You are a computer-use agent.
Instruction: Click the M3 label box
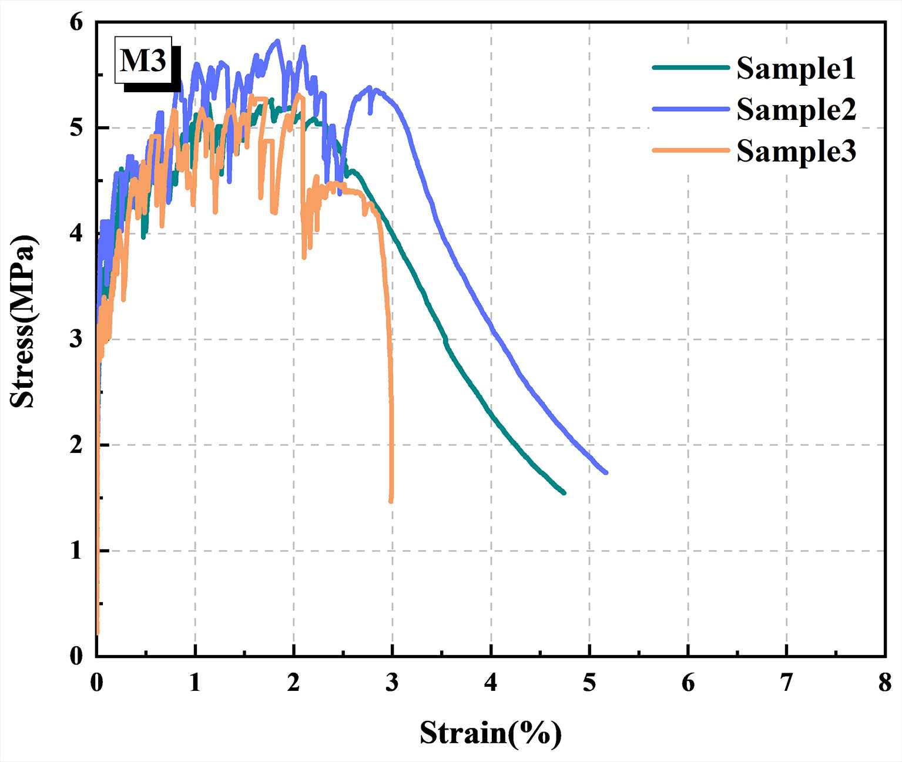143,61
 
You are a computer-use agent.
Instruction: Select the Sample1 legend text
796,68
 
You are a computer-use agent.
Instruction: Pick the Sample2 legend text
796,110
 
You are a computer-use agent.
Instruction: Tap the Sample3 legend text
796,152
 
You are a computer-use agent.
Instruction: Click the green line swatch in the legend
691,68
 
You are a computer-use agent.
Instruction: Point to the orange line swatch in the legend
691,151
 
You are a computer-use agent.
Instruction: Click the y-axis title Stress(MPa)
24,321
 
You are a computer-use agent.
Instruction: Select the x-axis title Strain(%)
491,733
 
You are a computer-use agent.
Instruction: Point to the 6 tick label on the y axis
76,22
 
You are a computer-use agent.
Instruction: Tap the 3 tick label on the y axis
76,340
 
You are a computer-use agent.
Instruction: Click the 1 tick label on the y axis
76,551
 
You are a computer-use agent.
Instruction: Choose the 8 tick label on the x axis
885,683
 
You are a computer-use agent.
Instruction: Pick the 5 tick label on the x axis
589,683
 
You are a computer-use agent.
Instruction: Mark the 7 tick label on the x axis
786,683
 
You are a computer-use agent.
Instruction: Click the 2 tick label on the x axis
294,683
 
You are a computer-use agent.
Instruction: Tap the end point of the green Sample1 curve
564,492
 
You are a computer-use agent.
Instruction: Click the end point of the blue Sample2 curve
605,472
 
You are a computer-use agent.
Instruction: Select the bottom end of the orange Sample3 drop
391,501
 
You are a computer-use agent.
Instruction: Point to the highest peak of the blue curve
277,41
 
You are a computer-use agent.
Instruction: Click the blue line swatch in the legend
691,109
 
